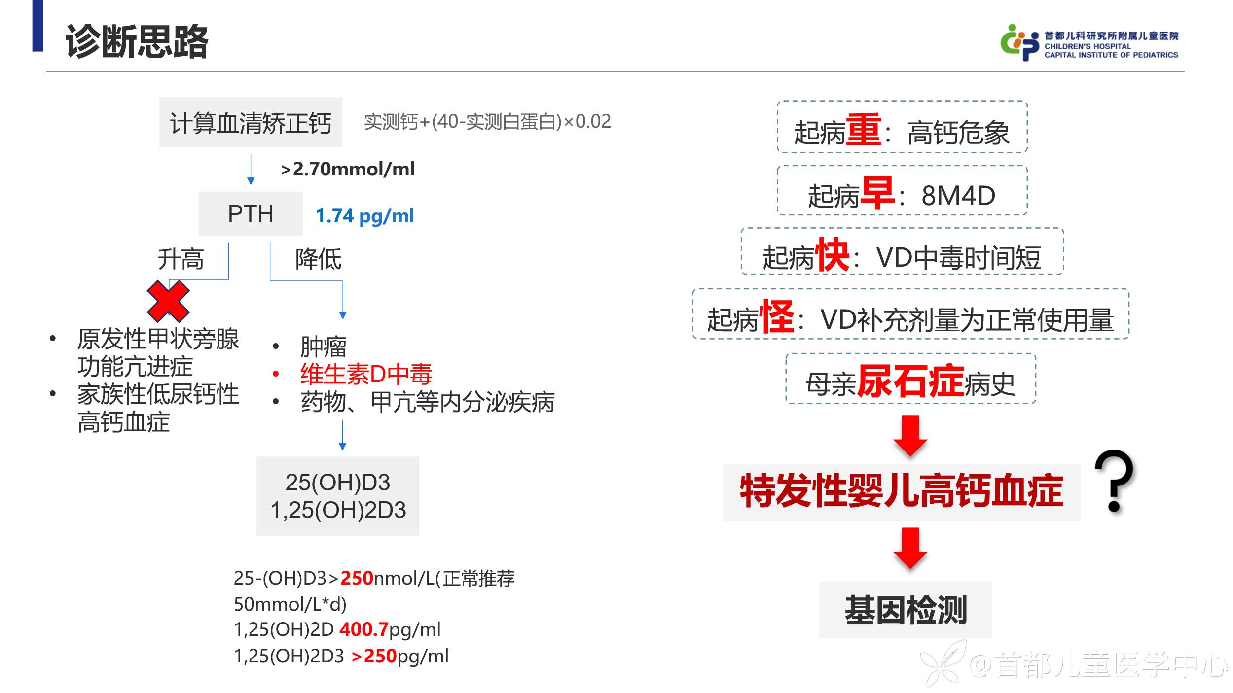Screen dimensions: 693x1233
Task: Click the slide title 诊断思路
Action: tap(137, 41)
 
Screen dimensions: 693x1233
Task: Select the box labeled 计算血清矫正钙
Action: tap(251, 122)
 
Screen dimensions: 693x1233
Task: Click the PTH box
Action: tap(251, 214)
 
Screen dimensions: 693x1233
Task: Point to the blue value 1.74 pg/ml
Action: tap(364, 216)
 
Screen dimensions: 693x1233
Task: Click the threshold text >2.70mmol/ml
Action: tap(347, 169)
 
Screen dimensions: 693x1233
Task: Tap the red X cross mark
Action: tap(168, 301)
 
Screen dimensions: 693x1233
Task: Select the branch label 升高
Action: tap(181, 259)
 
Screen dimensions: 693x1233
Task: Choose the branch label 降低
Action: tap(318, 259)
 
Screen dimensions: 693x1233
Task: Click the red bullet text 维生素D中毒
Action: tap(366, 374)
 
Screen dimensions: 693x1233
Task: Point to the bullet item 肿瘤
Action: tap(324, 346)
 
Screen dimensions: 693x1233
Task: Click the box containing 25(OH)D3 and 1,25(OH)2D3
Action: tap(338, 496)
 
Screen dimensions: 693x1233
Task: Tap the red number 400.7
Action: tap(364, 629)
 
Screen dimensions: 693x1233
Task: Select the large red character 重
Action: tap(864, 130)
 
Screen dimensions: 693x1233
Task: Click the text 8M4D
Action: tap(958, 196)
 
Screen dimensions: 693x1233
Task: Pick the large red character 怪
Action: tap(777, 317)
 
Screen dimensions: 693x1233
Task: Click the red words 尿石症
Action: tap(910, 381)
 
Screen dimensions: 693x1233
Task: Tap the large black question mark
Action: tap(1114, 481)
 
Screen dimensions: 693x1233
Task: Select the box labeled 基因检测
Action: tap(905, 610)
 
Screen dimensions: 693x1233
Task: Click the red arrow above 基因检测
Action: tap(910, 548)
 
